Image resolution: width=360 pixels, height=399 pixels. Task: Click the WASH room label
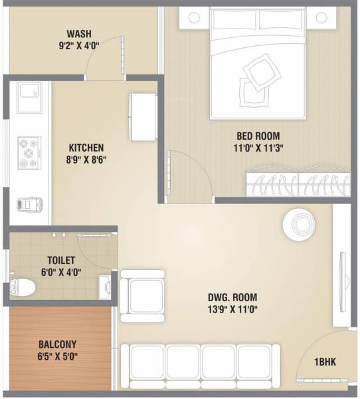coord(79,35)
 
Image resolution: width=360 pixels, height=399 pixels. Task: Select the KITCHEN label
coord(86,148)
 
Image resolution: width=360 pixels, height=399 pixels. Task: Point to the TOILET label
coord(61,260)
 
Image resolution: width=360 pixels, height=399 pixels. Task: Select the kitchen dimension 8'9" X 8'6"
coord(86,160)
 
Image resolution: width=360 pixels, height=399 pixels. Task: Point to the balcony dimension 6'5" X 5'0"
coord(57,356)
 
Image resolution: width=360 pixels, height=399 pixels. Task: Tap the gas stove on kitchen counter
coord(29,153)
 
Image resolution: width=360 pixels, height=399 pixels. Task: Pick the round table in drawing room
coord(296,223)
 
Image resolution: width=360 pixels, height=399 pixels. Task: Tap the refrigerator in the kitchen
coord(142,116)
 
